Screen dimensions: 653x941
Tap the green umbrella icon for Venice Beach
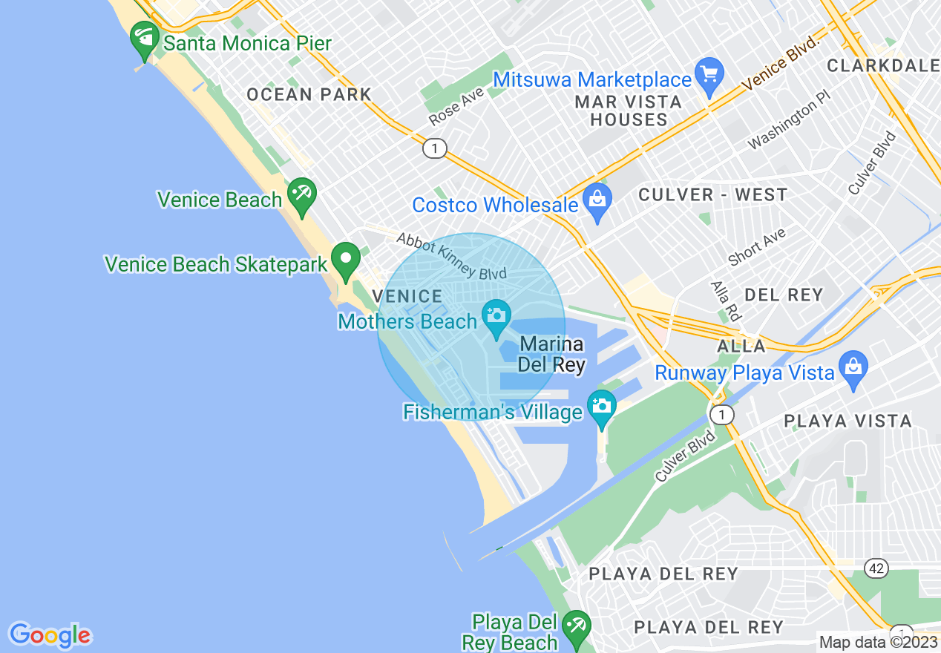[x=302, y=194]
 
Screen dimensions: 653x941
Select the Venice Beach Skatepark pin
[x=346, y=259]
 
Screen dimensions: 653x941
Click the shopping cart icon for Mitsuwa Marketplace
[x=710, y=75]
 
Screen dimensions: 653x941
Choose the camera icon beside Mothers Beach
[x=496, y=316]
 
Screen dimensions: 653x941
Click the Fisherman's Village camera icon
[x=601, y=407]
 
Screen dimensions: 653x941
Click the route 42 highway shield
[x=876, y=568]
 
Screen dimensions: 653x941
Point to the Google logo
[x=50, y=635]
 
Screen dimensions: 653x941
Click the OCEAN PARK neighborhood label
[x=309, y=94]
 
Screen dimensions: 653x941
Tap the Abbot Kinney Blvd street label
[x=451, y=257]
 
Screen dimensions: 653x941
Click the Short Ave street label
[x=756, y=247]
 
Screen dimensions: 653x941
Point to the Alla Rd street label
[x=726, y=301]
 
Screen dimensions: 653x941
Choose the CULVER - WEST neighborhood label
[x=712, y=195]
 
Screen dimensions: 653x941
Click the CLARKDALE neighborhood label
[x=883, y=65]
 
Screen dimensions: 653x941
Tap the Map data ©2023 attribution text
[x=878, y=642]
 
